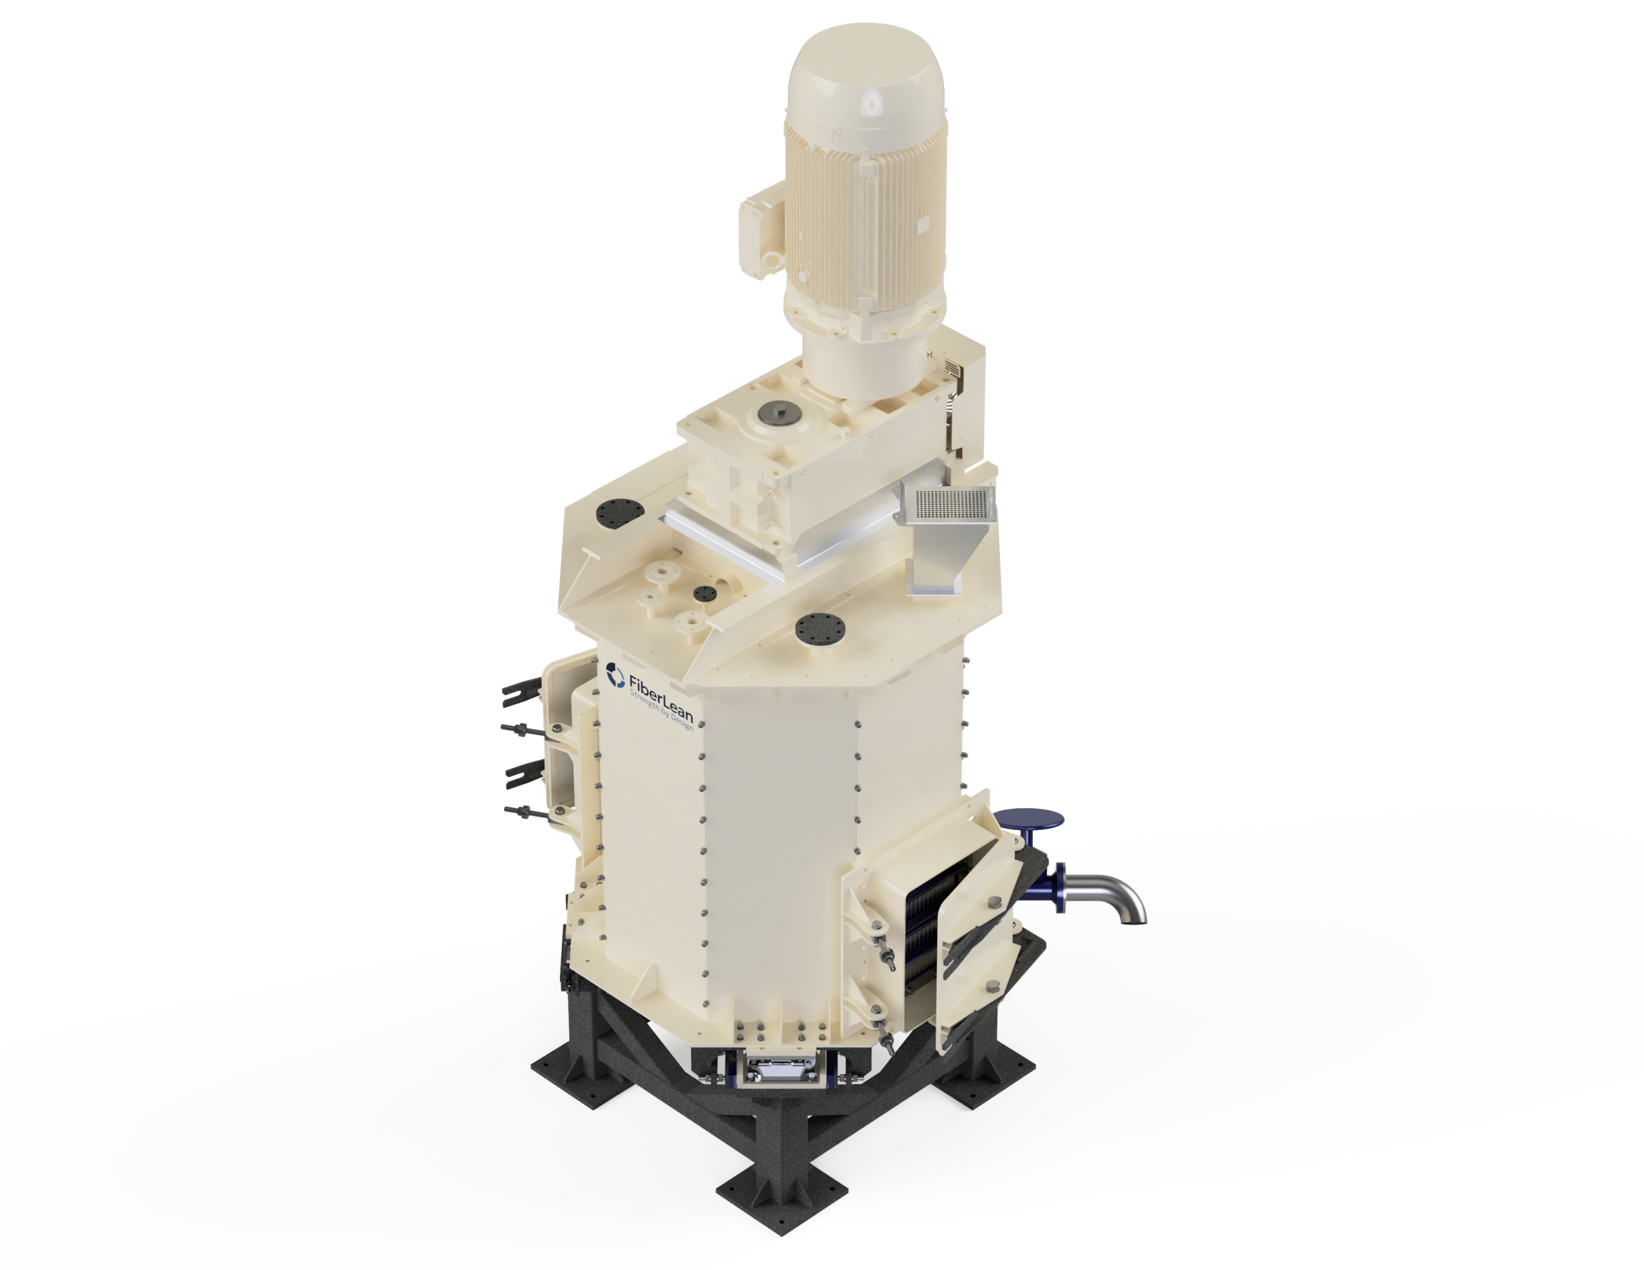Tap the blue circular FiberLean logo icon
(615, 675)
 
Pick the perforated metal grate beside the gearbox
(950, 502)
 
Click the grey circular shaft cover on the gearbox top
(778, 411)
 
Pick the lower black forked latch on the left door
(525, 772)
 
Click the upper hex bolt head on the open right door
(994, 902)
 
